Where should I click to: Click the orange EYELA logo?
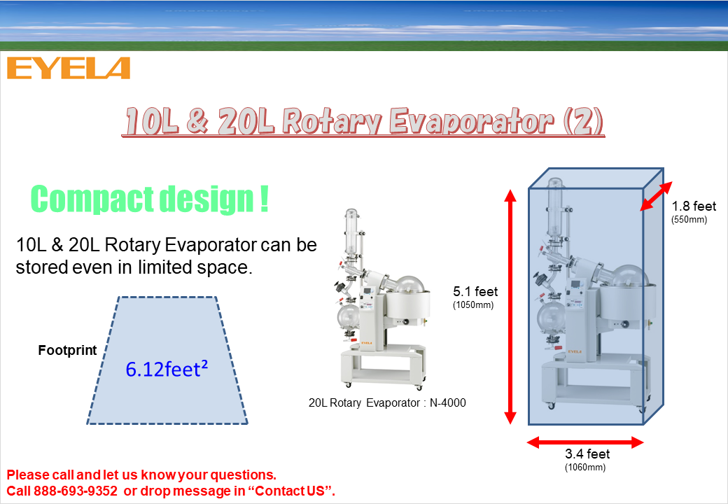(69, 68)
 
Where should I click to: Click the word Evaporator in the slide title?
(471, 122)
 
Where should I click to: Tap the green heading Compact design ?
(150, 199)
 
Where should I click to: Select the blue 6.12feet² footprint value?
(167, 369)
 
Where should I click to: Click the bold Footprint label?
(67, 350)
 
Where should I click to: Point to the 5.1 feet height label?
(475, 291)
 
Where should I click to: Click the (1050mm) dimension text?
(473, 305)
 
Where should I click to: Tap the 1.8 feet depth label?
(694, 206)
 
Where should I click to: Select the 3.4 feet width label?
(587, 454)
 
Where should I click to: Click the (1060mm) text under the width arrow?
(585, 468)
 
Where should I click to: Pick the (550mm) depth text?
(689, 220)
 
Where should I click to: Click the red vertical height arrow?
(510, 307)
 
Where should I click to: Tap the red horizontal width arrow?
(585, 442)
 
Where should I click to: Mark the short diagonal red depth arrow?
(656, 196)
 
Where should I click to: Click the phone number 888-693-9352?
(75, 491)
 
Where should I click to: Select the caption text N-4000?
(447, 402)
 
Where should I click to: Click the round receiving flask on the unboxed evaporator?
(348, 316)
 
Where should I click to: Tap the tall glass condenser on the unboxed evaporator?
(351, 232)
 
